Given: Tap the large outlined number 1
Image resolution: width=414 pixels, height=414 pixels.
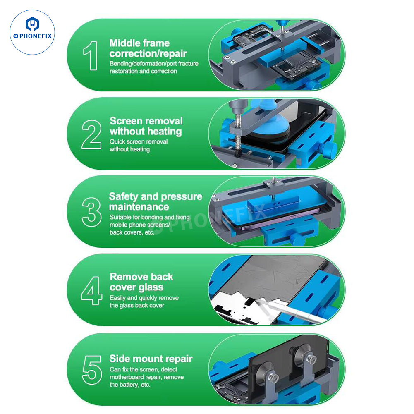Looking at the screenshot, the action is (91, 56).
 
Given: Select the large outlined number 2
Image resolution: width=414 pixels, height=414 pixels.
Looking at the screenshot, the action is (91, 134).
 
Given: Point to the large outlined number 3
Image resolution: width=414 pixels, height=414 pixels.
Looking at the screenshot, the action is (91, 212).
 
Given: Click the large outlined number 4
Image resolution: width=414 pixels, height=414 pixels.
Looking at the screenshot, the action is (92, 291).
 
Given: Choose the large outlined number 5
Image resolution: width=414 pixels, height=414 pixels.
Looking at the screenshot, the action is (92, 370).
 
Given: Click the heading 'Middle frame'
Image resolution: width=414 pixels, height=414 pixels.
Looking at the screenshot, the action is (139, 43).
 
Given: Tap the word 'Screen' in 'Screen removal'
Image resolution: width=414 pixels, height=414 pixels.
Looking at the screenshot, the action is (126, 121).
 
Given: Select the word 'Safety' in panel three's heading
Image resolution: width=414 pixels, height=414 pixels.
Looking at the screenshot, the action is (124, 197).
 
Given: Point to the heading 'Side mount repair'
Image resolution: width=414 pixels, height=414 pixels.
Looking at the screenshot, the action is (151, 359).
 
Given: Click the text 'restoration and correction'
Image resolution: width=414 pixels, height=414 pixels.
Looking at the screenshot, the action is (144, 71).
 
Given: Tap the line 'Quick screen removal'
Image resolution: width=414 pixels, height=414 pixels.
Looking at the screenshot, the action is (139, 141).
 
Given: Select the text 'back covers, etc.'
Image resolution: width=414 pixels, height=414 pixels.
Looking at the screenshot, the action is (132, 232).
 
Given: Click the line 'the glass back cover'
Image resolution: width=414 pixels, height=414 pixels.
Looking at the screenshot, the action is (137, 306).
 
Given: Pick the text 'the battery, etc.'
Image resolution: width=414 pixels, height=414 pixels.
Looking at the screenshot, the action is (130, 385).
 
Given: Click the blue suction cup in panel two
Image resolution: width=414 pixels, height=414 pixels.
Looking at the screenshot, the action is (266, 122).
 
